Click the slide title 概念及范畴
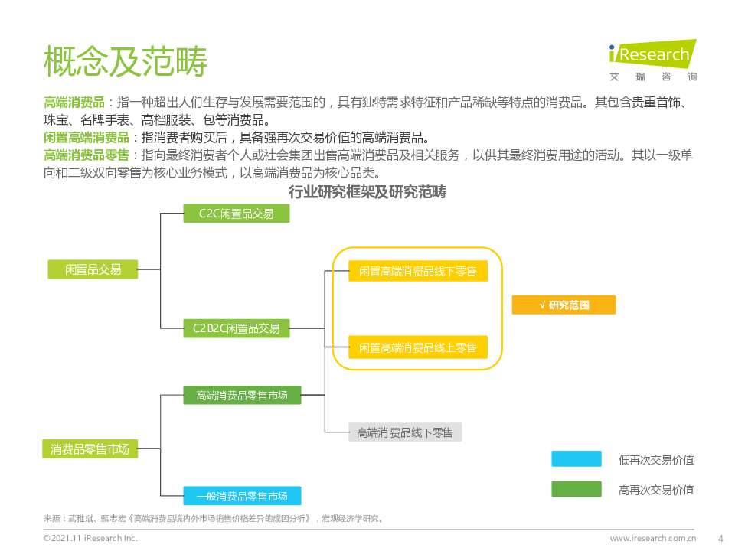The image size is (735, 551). point(126,62)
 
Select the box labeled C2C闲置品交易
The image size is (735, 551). point(237,214)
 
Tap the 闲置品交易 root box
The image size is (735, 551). point(93,269)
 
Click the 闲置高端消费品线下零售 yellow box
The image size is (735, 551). point(417,271)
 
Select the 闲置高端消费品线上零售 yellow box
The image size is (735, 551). point(417,347)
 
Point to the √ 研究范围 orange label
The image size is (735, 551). point(563,305)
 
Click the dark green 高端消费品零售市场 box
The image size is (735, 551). point(242,395)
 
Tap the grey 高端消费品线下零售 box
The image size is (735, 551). point(405,432)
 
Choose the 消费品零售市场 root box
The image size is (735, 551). point(90,449)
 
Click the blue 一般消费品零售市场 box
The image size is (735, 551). point(242,496)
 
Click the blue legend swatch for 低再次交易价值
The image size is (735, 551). point(576,459)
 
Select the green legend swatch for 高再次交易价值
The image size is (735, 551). point(576,489)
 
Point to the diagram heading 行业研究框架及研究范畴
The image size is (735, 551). point(367,192)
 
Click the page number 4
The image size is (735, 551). point(719,538)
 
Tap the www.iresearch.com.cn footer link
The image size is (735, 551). point(652,538)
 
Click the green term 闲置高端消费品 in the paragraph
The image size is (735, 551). point(87,138)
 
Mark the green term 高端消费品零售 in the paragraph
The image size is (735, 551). point(87,155)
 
